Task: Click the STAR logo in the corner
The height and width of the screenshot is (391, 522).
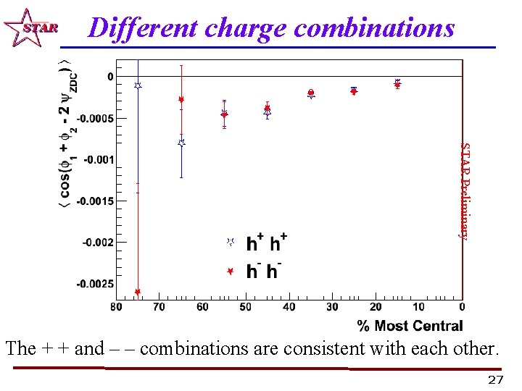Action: pyautogui.click(x=29, y=28)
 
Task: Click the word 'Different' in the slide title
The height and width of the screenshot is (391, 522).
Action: pyautogui.click(x=142, y=28)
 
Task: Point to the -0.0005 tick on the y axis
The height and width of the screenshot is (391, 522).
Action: pyautogui.click(x=94, y=117)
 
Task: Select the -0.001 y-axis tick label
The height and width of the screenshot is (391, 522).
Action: pyautogui.click(x=98, y=159)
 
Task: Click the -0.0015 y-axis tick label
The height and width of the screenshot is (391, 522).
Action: pyautogui.click(x=94, y=201)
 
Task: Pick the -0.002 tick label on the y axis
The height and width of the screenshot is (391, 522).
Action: pyautogui.click(x=98, y=243)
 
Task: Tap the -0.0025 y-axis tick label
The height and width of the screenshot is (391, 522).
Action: pyautogui.click(x=94, y=284)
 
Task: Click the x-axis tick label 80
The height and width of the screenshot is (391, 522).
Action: pyautogui.click(x=116, y=307)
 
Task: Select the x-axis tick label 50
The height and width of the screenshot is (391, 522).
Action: pyautogui.click(x=246, y=307)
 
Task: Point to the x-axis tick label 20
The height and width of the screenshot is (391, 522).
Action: pyautogui.click(x=376, y=307)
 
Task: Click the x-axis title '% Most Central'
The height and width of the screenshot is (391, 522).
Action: pyautogui.click(x=410, y=325)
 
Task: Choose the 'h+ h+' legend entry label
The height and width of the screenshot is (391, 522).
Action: pyautogui.click(x=267, y=243)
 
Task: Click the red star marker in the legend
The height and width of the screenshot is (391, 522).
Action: pyautogui.click(x=230, y=271)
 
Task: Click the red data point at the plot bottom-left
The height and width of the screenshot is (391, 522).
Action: pyautogui.click(x=138, y=292)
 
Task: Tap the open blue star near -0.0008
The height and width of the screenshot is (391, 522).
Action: pyautogui.click(x=181, y=143)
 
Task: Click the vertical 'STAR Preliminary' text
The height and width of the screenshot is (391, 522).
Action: pyautogui.click(x=466, y=190)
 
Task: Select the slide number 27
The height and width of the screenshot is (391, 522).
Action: pyautogui.click(x=495, y=380)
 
